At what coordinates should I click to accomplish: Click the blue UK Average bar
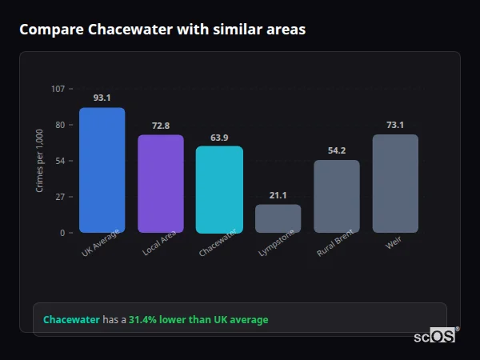pyautogui.click(x=102, y=170)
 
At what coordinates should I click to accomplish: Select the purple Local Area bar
pyautogui.click(x=160, y=183)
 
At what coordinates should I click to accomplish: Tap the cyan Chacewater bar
pyautogui.click(x=219, y=190)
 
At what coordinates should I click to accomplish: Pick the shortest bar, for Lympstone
pyautogui.click(x=278, y=218)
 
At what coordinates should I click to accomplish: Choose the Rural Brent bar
pyautogui.click(x=337, y=196)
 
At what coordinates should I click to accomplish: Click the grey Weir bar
pyautogui.click(x=395, y=183)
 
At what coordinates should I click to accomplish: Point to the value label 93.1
pyautogui.click(x=102, y=98)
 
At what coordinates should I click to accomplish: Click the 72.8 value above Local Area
pyautogui.click(x=160, y=126)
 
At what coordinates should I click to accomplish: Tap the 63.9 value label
pyautogui.click(x=219, y=137)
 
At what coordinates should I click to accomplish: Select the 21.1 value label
pyautogui.click(x=278, y=195)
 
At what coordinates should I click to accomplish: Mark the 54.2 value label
pyautogui.click(x=337, y=150)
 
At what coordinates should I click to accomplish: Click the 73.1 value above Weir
pyautogui.click(x=395, y=125)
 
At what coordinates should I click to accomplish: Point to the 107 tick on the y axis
pyautogui.click(x=58, y=89)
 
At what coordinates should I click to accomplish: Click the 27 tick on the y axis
pyautogui.click(x=60, y=197)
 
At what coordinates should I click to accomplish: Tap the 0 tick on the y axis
pyautogui.click(x=62, y=233)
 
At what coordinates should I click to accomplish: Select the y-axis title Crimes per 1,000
pyautogui.click(x=40, y=161)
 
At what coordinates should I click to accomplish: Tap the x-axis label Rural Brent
pyautogui.click(x=335, y=243)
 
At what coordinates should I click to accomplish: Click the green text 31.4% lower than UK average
pyautogui.click(x=198, y=320)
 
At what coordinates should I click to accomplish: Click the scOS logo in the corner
pyautogui.click(x=435, y=336)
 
